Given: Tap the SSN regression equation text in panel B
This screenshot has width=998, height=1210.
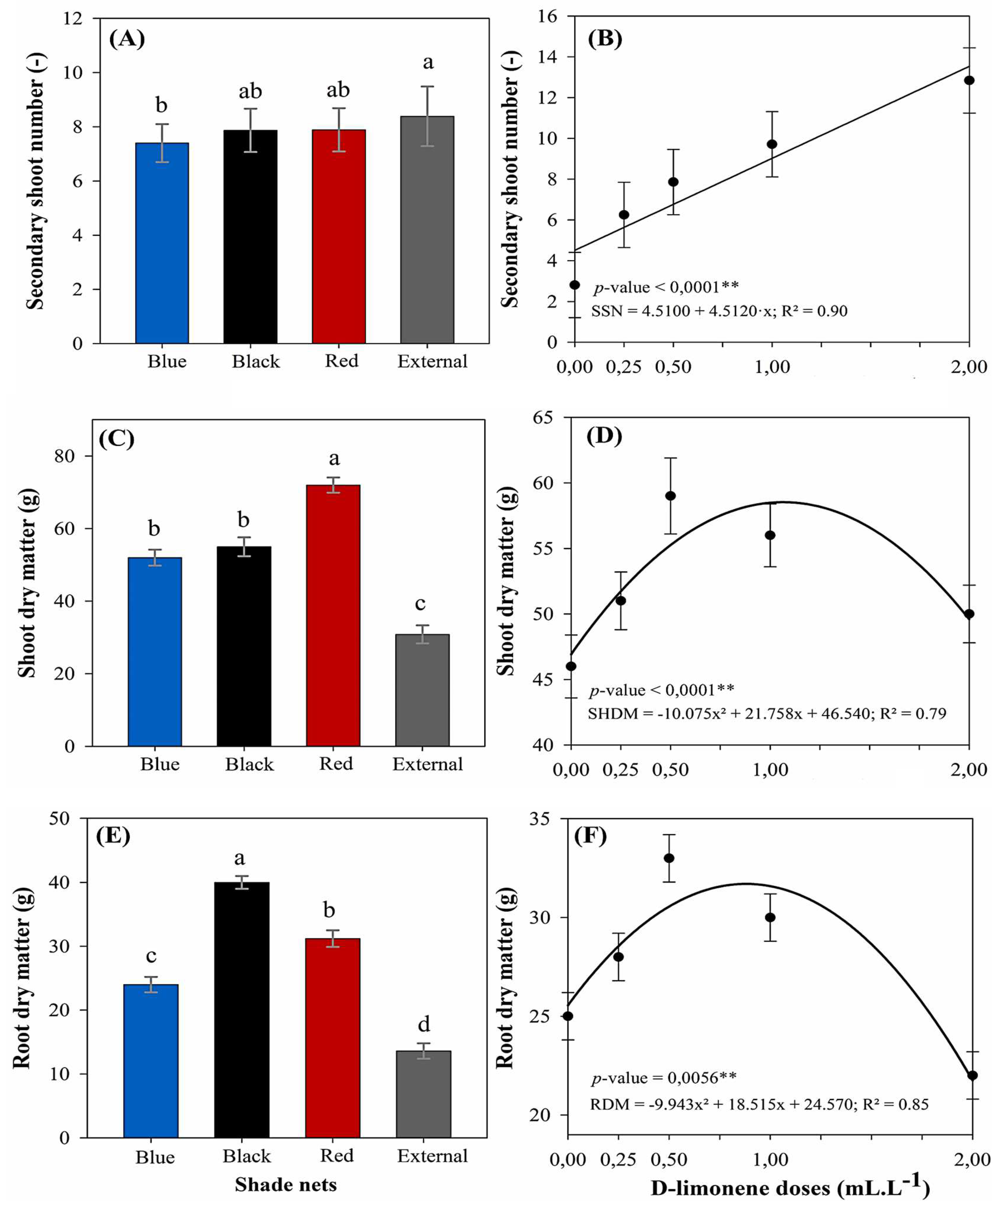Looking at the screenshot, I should [719, 311].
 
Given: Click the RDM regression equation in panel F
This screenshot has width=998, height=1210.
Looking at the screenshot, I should [759, 1104].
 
